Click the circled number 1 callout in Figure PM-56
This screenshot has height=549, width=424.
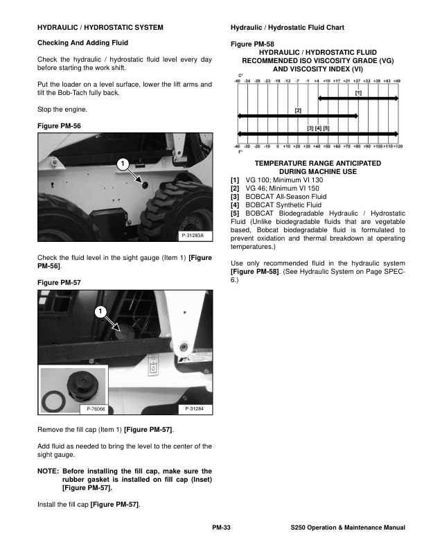[x=121, y=164]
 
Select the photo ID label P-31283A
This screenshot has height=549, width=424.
[x=191, y=236]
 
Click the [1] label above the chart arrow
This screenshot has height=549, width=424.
[x=358, y=91]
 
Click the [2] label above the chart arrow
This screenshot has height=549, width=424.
[x=298, y=110]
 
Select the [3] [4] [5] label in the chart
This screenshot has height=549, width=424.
[x=318, y=128]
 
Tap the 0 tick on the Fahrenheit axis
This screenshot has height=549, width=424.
[x=278, y=147]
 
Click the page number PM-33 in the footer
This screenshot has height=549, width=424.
[x=221, y=528]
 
